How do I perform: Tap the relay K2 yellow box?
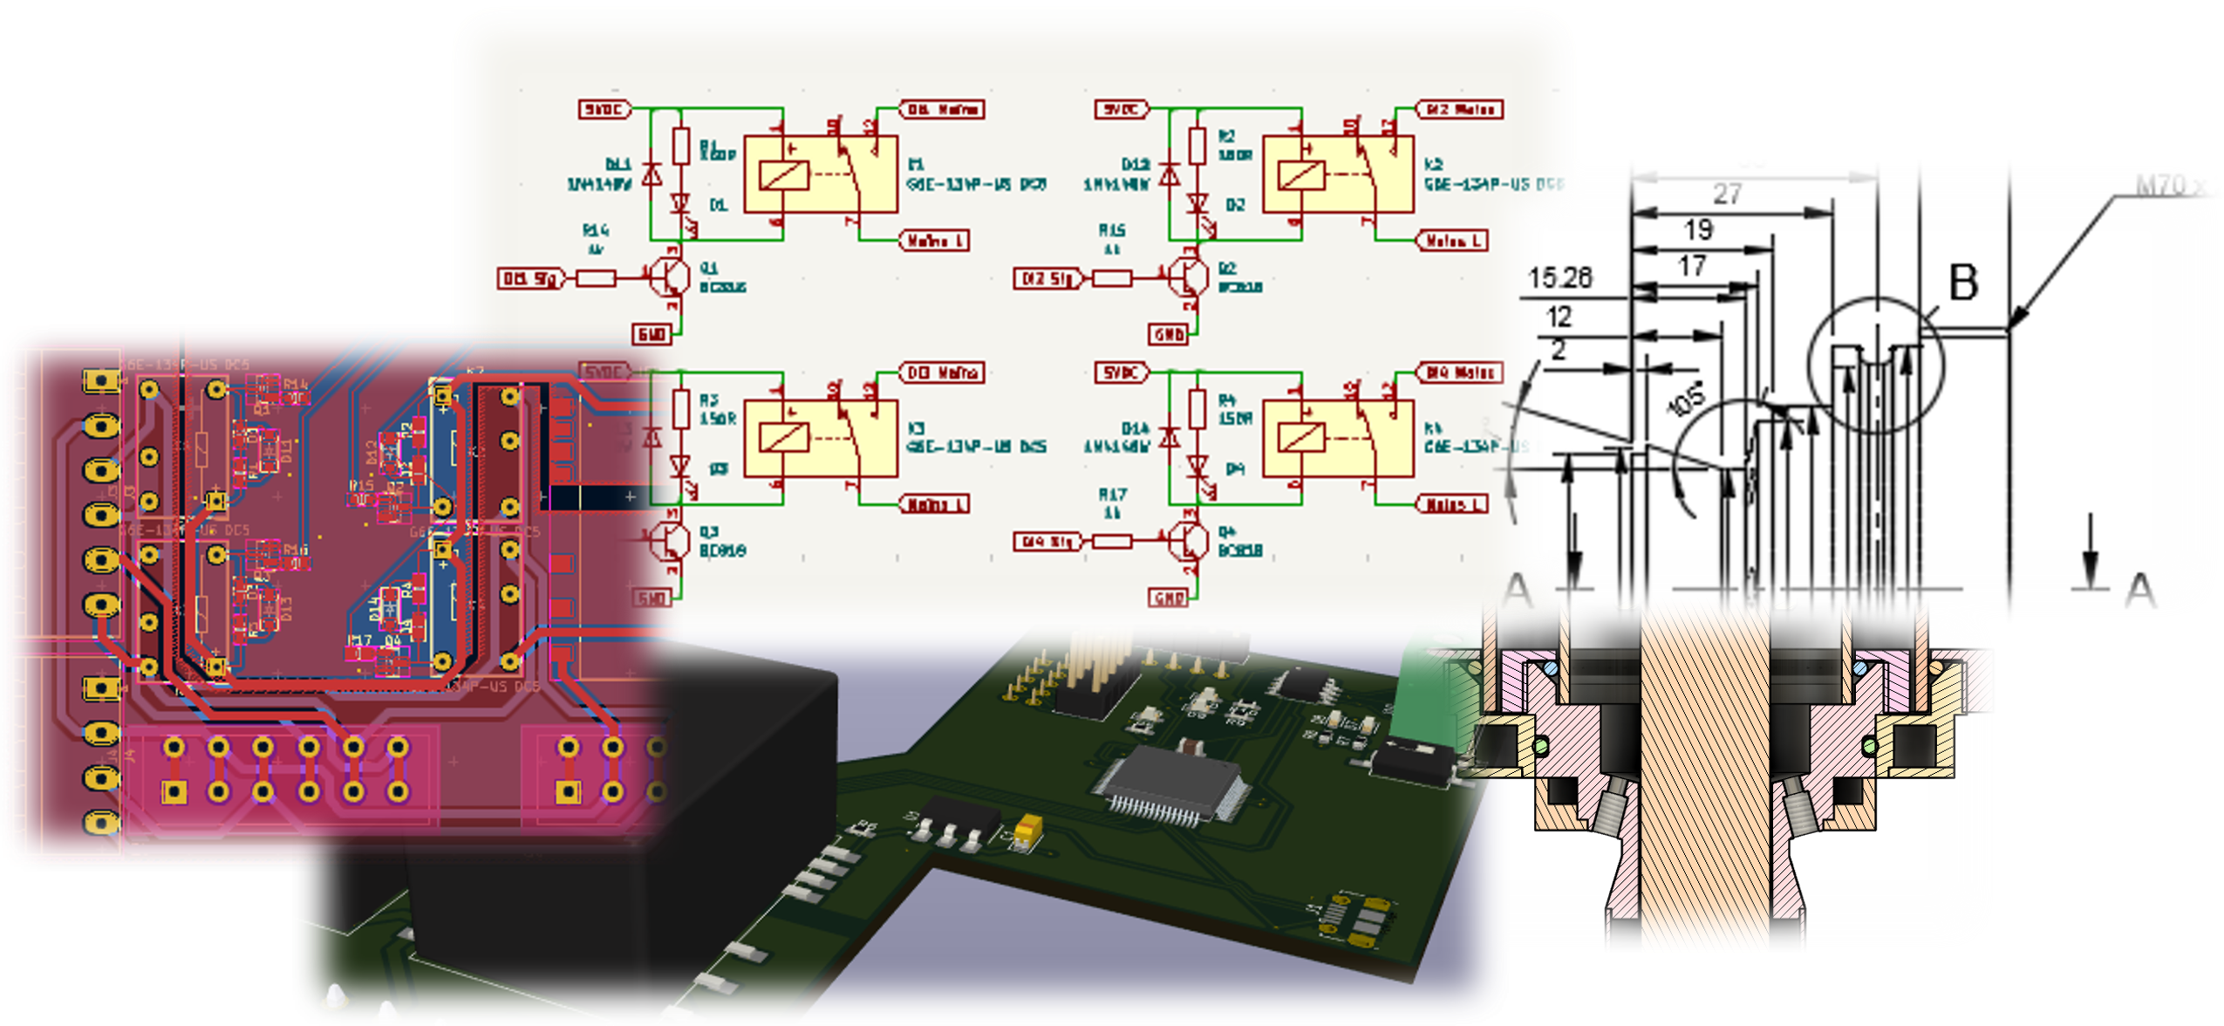tap(1339, 174)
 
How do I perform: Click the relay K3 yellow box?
tap(820, 438)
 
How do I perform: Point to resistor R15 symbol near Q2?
tap(1112, 278)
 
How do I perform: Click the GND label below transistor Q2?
tap(1169, 334)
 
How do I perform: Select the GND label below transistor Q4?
tap(1169, 598)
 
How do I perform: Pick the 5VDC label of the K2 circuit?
tap(1122, 109)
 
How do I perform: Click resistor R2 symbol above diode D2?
tap(1197, 146)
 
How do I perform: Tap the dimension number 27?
tap(1728, 194)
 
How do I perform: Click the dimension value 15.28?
tap(1560, 278)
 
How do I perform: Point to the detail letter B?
tap(1962, 283)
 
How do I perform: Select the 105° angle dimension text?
tap(1685, 400)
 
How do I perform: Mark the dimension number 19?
tap(1698, 230)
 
